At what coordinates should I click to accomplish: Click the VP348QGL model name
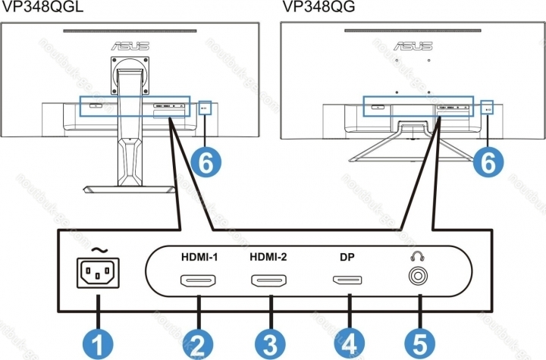(41, 7)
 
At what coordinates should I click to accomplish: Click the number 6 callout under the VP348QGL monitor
(206, 161)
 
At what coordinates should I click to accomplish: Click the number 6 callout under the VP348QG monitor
(485, 161)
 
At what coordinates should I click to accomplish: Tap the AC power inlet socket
(99, 276)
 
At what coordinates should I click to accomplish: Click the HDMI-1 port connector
(199, 284)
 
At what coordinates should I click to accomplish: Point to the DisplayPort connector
(349, 284)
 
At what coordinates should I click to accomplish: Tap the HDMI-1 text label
(199, 256)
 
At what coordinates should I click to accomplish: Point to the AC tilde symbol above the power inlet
(99, 249)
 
